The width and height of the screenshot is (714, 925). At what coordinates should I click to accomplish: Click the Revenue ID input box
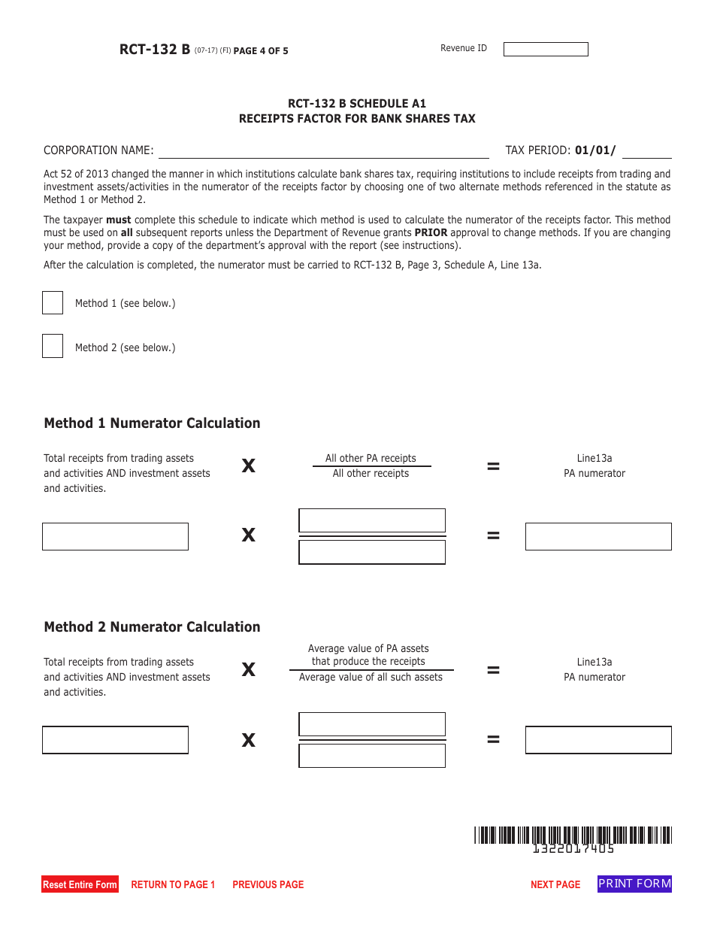click(x=546, y=50)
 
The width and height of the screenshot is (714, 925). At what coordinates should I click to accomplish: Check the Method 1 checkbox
click(x=53, y=303)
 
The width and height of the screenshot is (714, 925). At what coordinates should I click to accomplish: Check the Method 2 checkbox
click(x=53, y=347)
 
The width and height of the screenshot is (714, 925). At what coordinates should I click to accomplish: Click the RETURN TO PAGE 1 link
click(x=173, y=884)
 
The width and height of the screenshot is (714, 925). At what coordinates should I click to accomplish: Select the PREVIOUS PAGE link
click(x=268, y=884)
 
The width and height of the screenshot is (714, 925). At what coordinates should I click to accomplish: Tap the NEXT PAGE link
click(x=555, y=884)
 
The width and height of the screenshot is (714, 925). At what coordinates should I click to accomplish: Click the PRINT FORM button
click(x=634, y=884)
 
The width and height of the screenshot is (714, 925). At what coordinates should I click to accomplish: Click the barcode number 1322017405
click(x=573, y=849)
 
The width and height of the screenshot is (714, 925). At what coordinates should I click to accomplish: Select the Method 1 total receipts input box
click(x=115, y=536)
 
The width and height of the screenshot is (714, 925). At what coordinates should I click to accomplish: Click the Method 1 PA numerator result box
click(x=598, y=536)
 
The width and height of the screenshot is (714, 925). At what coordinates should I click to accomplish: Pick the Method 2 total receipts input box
click(x=115, y=740)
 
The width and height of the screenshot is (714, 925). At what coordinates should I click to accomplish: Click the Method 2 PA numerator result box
click(x=598, y=740)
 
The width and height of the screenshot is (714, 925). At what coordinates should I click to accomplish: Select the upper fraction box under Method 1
click(x=372, y=520)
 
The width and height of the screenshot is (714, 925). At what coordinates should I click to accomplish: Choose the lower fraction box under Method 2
click(x=372, y=755)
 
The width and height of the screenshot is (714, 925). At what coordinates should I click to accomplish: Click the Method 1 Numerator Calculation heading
click(x=152, y=423)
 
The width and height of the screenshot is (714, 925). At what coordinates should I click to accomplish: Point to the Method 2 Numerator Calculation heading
click(x=152, y=627)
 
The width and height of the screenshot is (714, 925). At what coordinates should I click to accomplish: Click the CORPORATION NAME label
click(x=98, y=150)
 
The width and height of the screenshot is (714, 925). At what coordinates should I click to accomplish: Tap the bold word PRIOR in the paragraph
click(x=431, y=233)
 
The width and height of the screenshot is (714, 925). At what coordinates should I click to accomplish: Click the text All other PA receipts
click(x=371, y=458)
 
